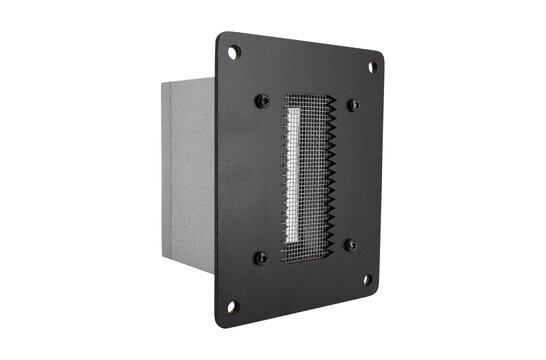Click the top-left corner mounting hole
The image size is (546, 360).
[233, 51]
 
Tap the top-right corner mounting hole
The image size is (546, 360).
[372, 67]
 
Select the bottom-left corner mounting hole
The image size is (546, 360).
[233, 305]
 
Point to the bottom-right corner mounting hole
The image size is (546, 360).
[366, 280]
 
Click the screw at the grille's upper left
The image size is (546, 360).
[262, 100]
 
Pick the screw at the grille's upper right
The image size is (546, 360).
[353, 105]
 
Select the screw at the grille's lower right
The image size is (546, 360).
[349, 245]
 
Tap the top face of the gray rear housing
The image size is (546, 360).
[190, 77]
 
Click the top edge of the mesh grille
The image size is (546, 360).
[308, 98]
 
